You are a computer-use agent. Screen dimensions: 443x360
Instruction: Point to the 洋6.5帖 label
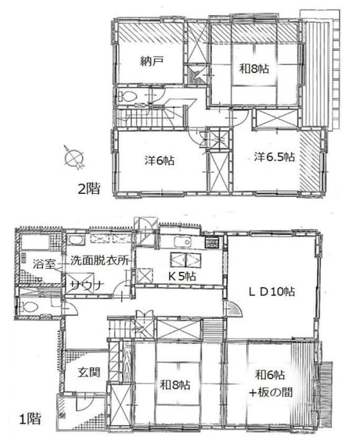(274, 157)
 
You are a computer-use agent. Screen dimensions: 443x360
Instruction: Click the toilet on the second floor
(128, 97)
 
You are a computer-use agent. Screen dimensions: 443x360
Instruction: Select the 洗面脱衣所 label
(99, 261)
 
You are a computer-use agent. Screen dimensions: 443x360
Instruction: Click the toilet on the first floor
(28, 306)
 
